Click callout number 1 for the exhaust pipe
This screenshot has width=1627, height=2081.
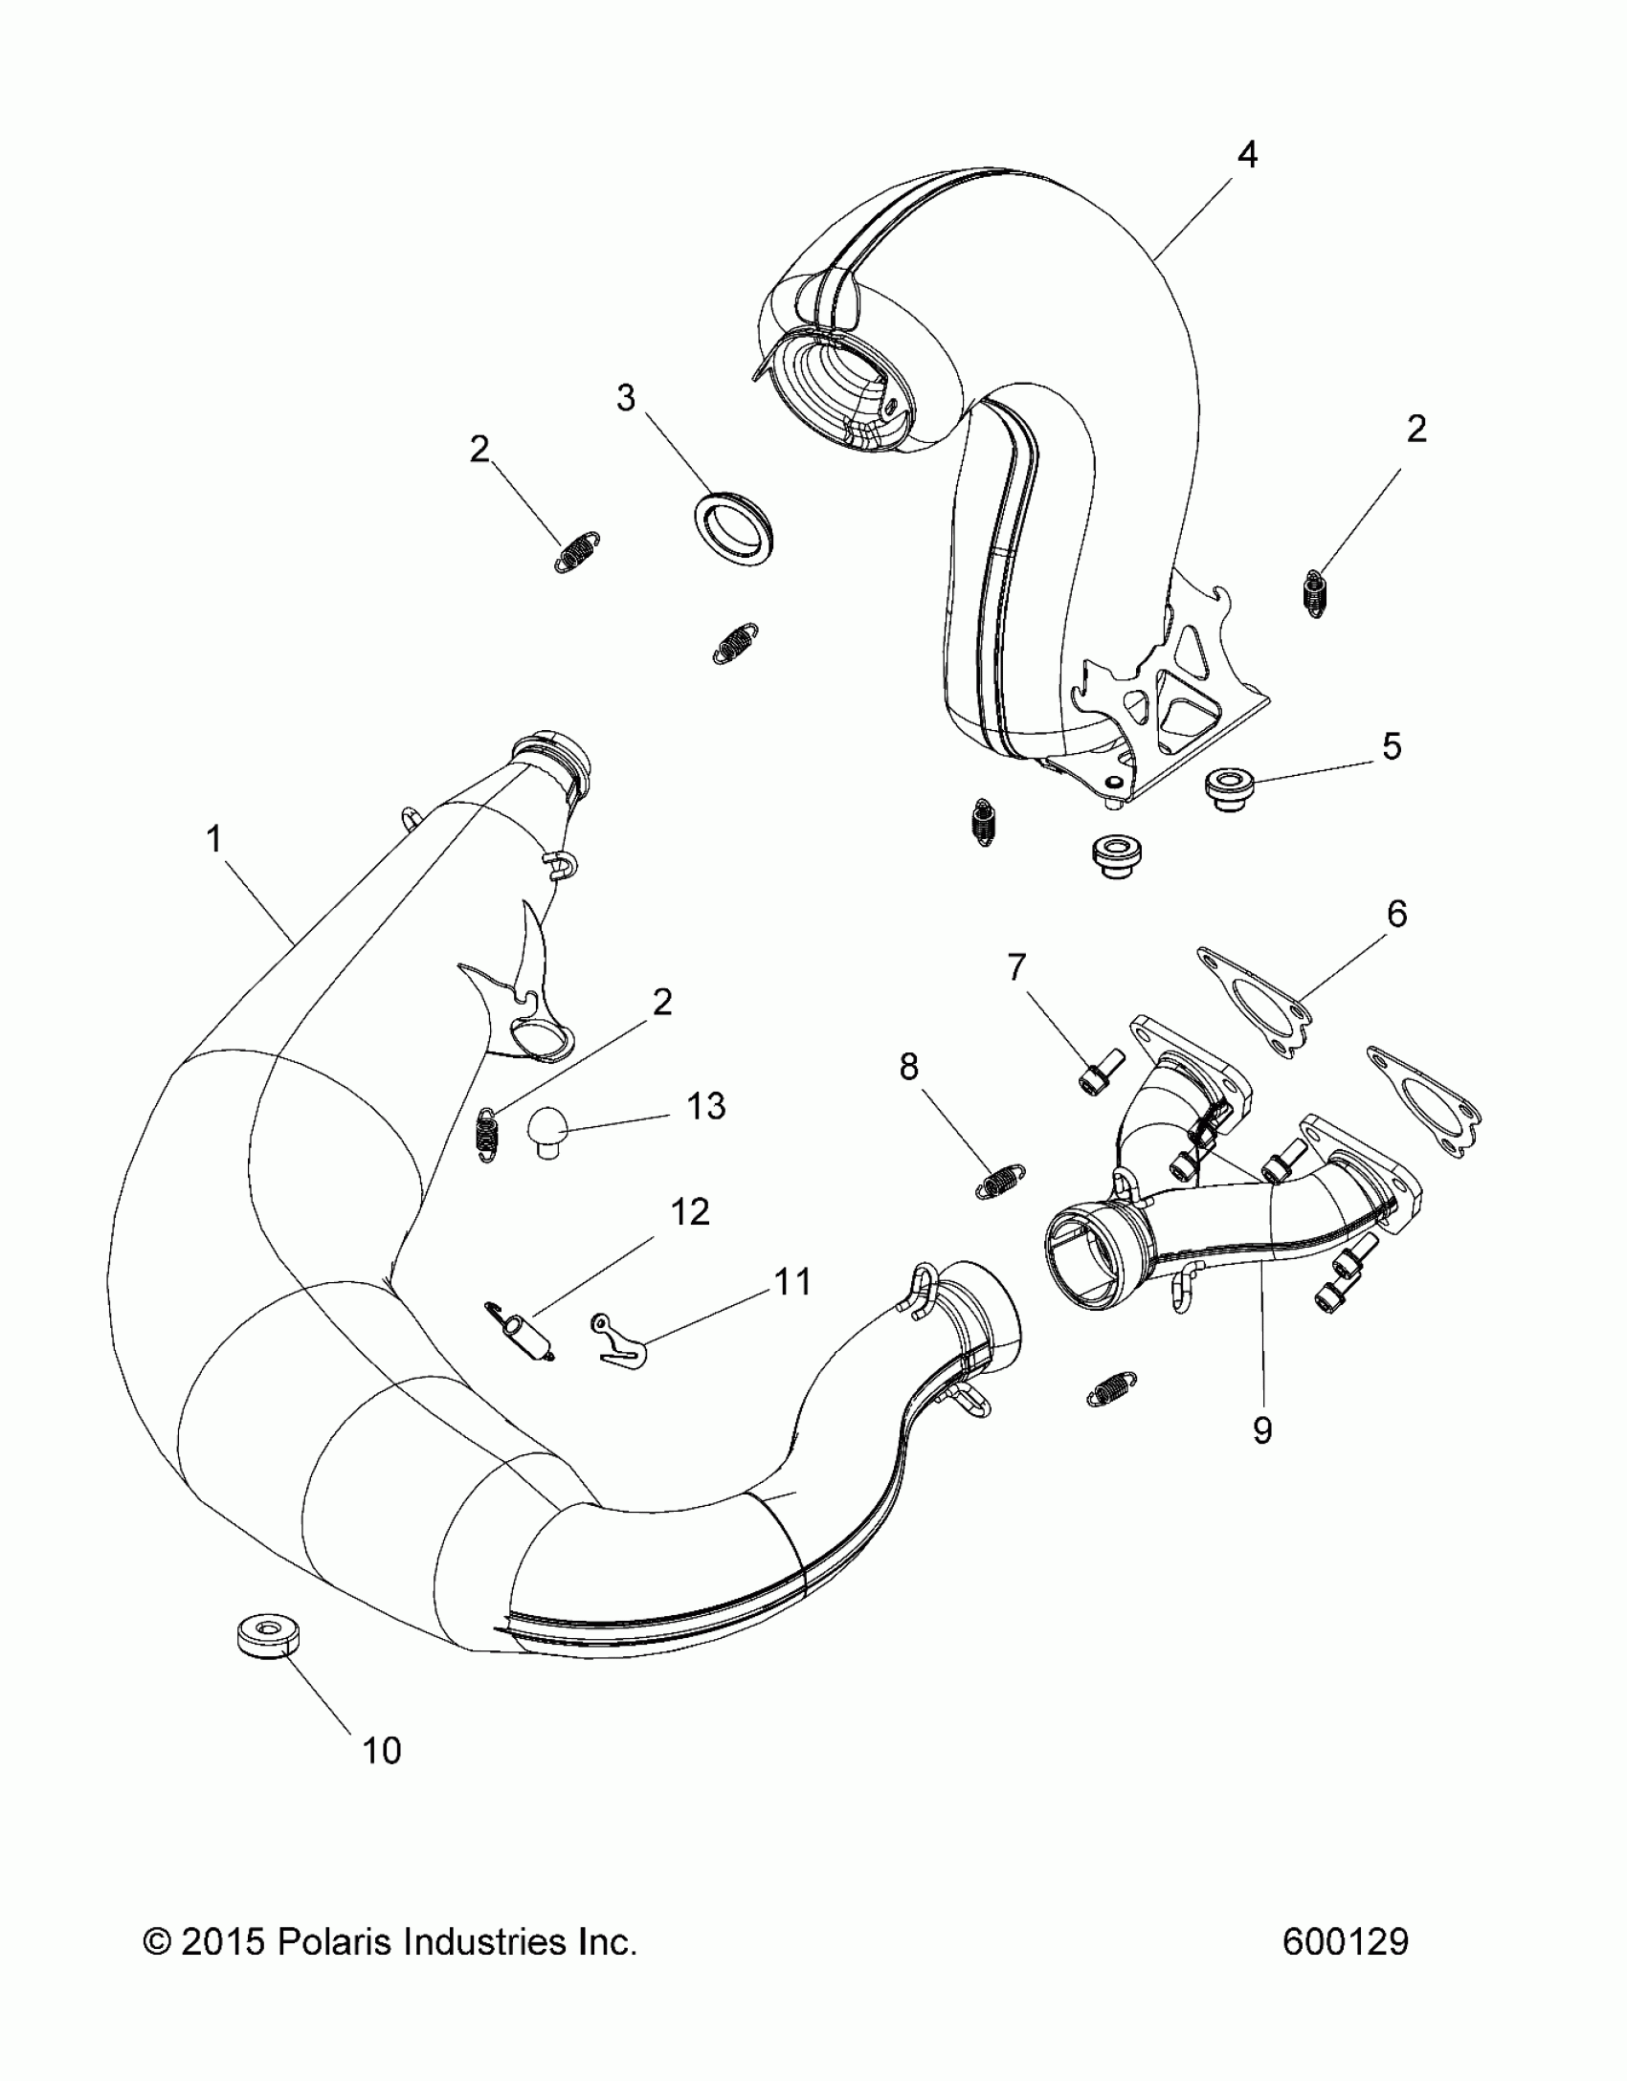[x=214, y=840]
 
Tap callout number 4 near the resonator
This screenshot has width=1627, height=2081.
[x=1246, y=155]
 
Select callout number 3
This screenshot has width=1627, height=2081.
[x=626, y=398]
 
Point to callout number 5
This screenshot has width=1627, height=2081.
[x=1392, y=746]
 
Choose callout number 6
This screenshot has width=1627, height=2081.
[x=1396, y=915]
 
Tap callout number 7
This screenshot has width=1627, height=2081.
[x=1015, y=967]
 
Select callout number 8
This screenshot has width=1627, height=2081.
[x=908, y=1067]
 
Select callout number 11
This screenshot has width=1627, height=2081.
[x=792, y=1281]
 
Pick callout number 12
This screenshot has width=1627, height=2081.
[x=690, y=1212]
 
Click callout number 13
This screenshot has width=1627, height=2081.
[x=706, y=1107]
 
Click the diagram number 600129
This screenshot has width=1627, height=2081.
[x=1345, y=1941]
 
